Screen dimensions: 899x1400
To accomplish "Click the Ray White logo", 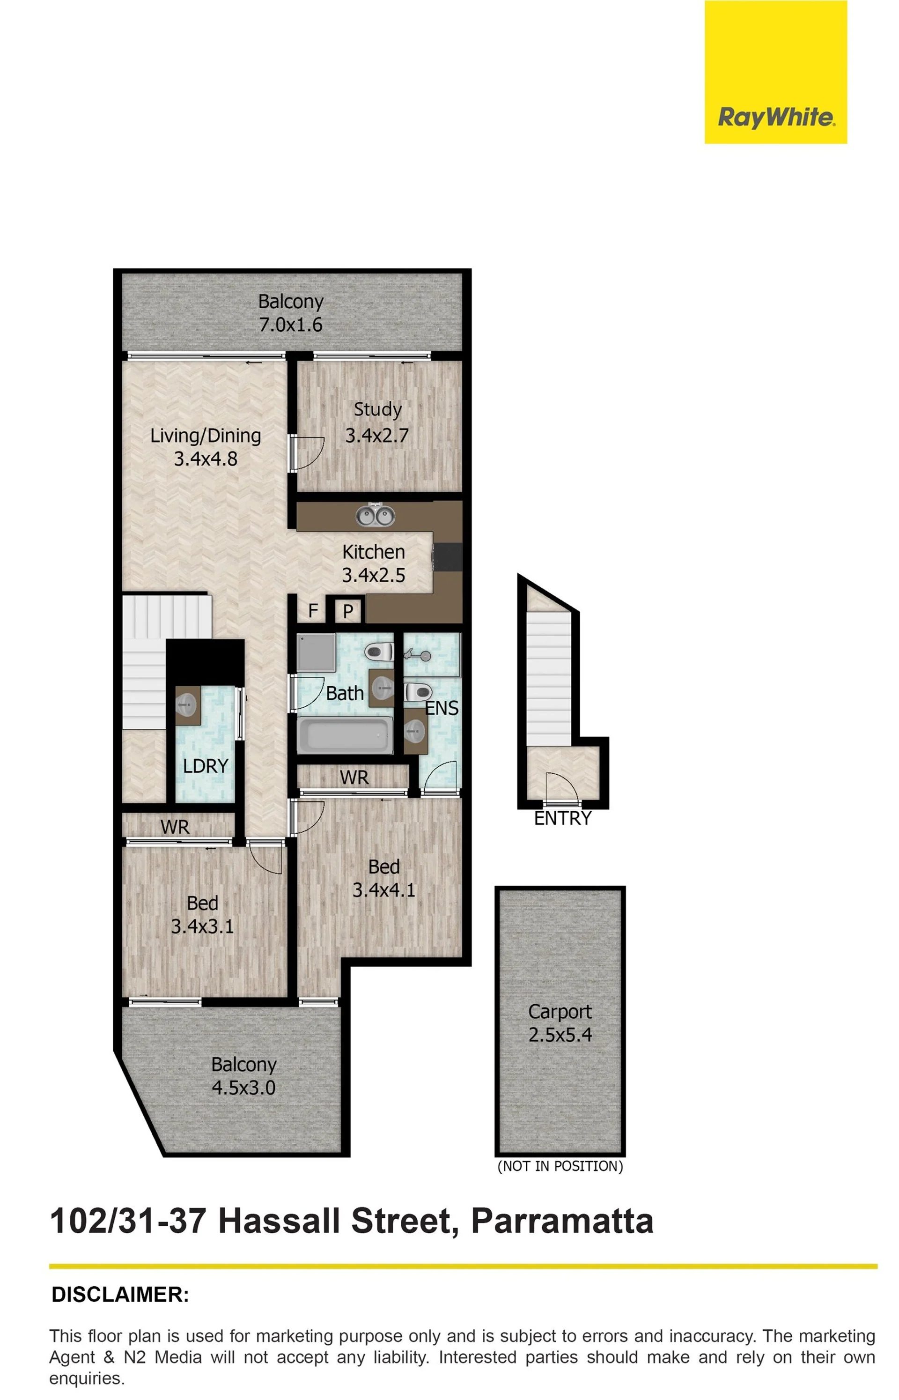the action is [x=775, y=72].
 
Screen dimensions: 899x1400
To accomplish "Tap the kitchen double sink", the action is [x=376, y=515].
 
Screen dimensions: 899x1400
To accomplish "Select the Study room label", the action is [x=378, y=409].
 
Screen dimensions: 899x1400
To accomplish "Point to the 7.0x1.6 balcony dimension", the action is [x=290, y=325].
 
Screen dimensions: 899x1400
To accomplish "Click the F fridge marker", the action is [x=313, y=611].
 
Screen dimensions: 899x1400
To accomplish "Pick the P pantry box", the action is [x=348, y=611].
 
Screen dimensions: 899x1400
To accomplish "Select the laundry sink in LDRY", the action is [x=187, y=706].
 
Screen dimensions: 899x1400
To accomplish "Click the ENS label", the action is [x=442, y=708].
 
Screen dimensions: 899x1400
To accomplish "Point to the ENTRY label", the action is [x=563, y=819].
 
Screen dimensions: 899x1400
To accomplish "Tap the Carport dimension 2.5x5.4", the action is [x=560, y=1035].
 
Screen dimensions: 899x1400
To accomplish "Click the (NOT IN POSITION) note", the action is [x=560, y=1166].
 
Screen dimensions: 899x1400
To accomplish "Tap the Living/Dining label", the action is [x=206, y=436].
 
